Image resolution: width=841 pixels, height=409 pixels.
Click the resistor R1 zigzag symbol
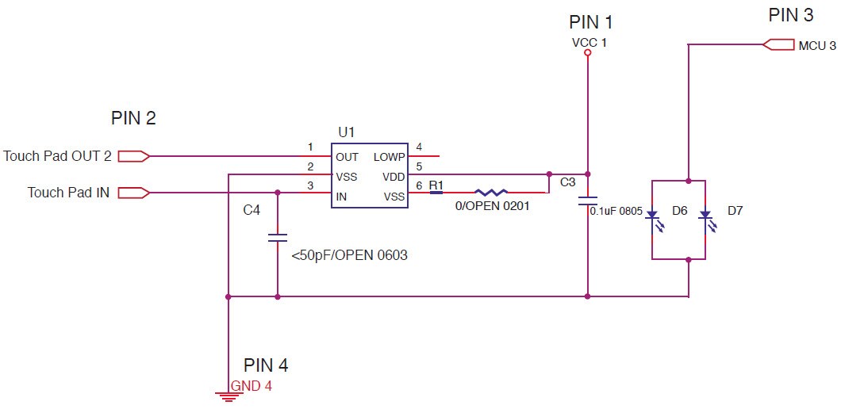490,192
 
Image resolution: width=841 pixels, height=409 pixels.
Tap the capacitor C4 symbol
277,237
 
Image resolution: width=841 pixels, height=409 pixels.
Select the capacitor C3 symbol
587,200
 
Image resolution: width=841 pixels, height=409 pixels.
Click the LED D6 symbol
651,215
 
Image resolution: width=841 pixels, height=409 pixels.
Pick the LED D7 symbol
705,215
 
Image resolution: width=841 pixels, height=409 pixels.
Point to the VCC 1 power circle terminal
587,53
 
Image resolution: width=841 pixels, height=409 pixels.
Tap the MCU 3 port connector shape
778,45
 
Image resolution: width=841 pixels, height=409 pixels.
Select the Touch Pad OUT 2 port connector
133,156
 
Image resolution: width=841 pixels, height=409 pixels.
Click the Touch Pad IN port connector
133,192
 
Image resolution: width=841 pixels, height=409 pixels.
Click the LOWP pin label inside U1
389,157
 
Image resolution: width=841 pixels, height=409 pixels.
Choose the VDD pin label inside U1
393,177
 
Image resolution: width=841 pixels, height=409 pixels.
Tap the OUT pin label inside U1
347,157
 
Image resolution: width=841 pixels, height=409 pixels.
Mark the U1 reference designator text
347,132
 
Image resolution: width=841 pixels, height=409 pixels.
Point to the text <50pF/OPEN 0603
349,256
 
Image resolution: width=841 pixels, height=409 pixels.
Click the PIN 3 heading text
790,15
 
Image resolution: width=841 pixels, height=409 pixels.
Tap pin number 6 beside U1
420,185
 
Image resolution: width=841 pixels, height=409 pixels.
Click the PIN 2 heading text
133,119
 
